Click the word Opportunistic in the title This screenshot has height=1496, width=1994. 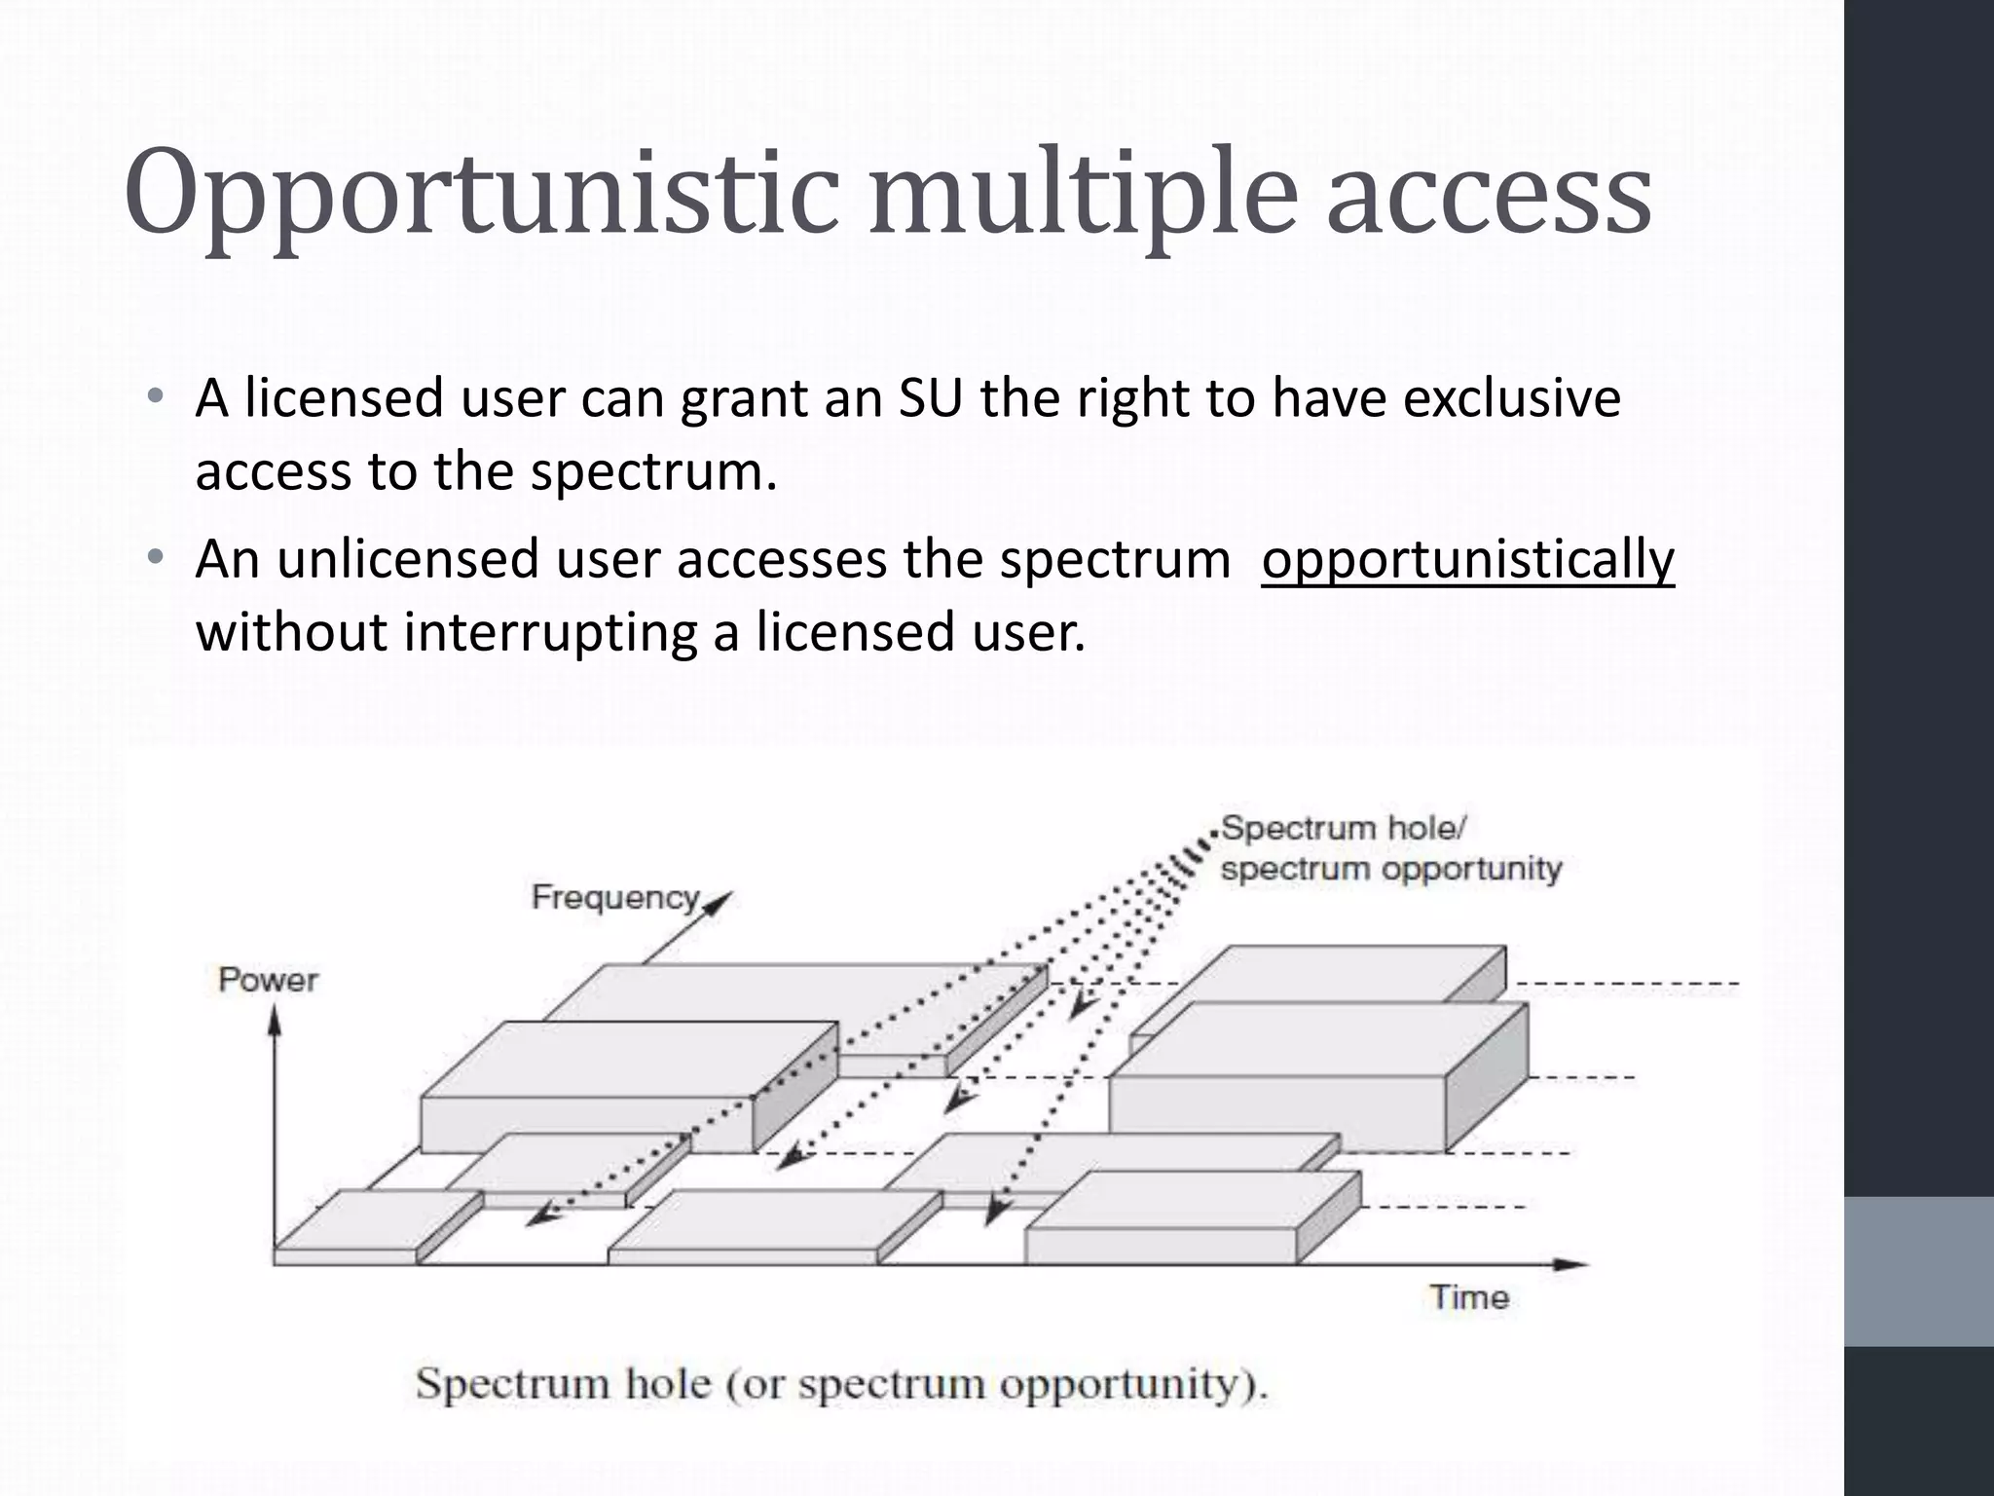pos(481,195)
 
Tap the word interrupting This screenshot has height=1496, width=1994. pos(550,633)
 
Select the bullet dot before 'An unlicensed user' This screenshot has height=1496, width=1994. pos(155,558)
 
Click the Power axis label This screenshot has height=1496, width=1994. pos(268,980)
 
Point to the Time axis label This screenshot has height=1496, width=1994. pos(1469,1297)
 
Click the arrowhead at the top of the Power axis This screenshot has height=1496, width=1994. pos(276,1018)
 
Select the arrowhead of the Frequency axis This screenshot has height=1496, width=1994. pos(719,901)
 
